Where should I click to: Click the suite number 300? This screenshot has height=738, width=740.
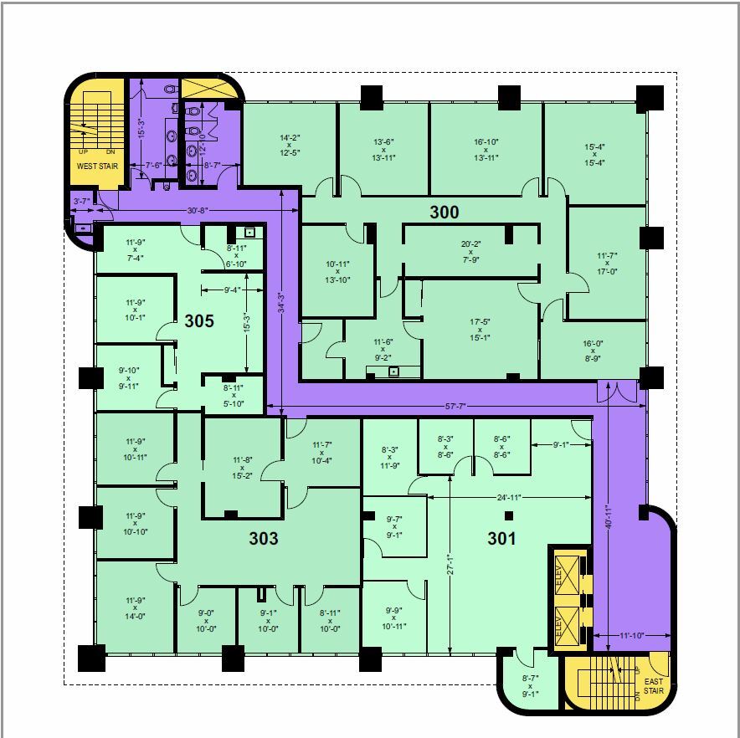coord(444,213)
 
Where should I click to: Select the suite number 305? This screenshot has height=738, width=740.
coord(199,320)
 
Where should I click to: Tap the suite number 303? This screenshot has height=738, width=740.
coord(263,539)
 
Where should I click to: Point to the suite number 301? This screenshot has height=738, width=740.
coord(502,539)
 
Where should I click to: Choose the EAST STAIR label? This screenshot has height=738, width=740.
coord(654,687)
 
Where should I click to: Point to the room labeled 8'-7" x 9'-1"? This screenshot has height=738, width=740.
coord(528,686)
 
